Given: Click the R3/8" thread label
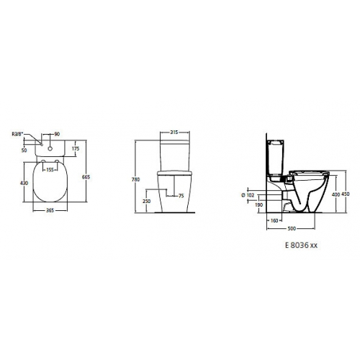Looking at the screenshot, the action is click(18, 134).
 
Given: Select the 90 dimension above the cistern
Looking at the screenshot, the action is click(57, 134).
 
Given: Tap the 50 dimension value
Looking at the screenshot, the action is click(24, 150).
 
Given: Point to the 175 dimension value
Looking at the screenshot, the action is click(76, 148).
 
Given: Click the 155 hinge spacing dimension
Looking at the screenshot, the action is click(50, 170).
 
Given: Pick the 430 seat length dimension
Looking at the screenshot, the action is click(24, 183).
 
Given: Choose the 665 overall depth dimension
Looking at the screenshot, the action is click(86, 177).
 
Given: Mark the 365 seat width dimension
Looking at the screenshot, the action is click(50, 210).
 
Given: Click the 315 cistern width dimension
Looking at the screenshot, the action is click(174, 132).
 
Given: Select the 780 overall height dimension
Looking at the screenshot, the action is click(136, 179).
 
